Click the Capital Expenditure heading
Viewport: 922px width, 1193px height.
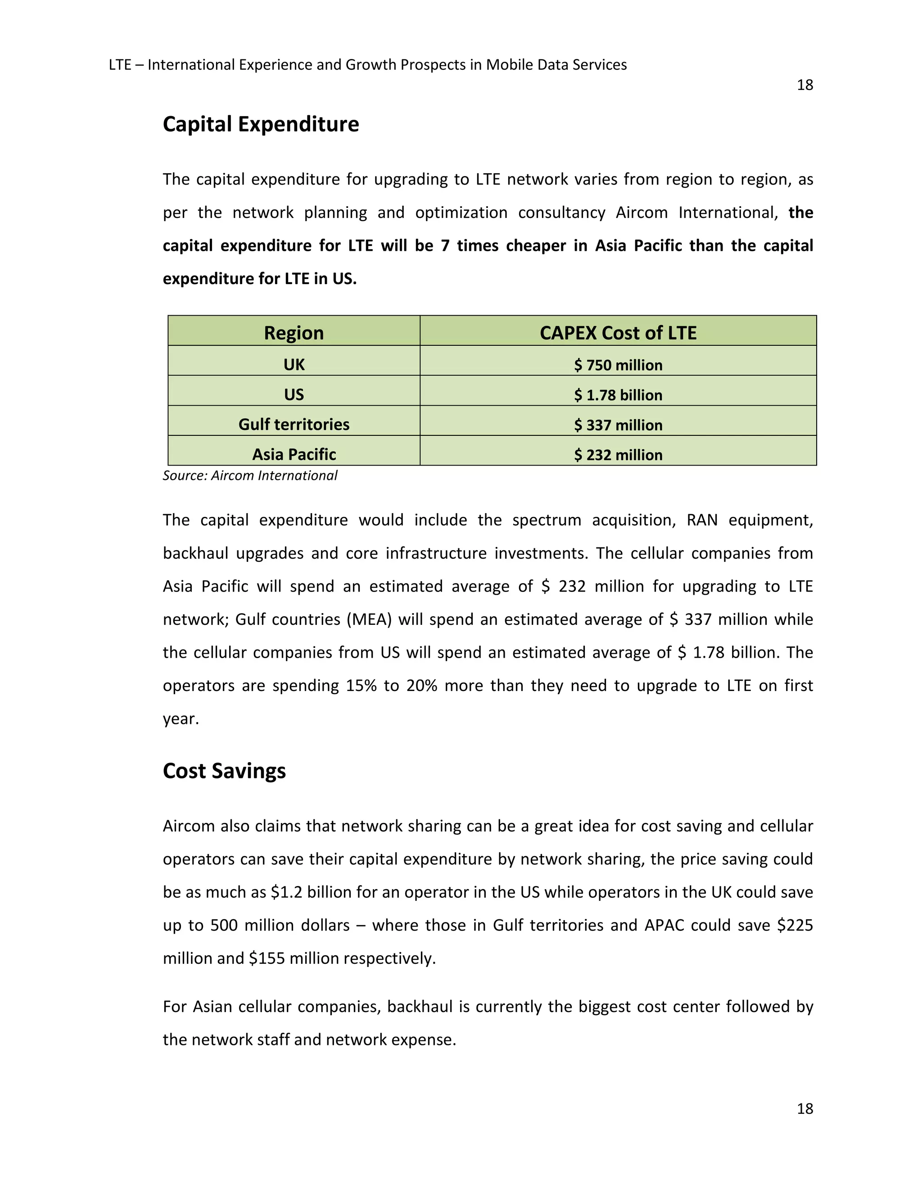(x=261, y=125)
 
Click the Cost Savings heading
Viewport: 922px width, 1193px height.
(x=224, y=771)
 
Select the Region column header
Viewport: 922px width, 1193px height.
(x=294, y=333)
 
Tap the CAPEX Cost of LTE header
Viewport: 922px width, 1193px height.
(x=618, y=333)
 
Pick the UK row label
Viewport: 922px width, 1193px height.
(x=294, y=364)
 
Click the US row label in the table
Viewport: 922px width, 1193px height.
(x=294, y=394)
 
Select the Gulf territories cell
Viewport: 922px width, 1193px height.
(x=294, y=425)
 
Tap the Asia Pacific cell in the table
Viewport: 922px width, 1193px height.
(x=294, y=455)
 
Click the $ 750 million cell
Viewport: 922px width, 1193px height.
(x=618, y=365)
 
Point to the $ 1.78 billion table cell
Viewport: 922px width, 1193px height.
(x=618, y=395)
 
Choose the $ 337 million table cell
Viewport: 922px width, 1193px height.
(x=618, y=425)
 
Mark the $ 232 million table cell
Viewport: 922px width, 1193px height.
(x=618, y=455)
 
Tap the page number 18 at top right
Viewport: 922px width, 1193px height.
(x=804, y=85)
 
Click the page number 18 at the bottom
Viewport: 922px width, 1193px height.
(x=804, y=1108)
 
